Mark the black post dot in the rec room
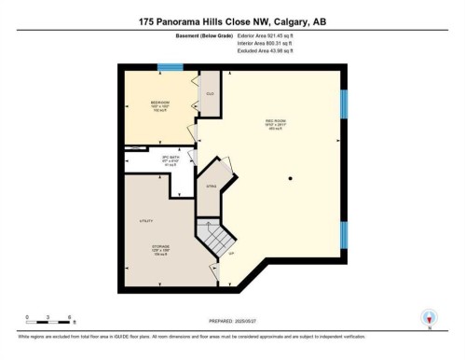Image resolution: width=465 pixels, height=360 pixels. point(290,178)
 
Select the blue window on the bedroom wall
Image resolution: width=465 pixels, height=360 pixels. point(170,67)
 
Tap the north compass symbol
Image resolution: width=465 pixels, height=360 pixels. point(428,317)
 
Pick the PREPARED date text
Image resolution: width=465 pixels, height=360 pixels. point(231,315)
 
